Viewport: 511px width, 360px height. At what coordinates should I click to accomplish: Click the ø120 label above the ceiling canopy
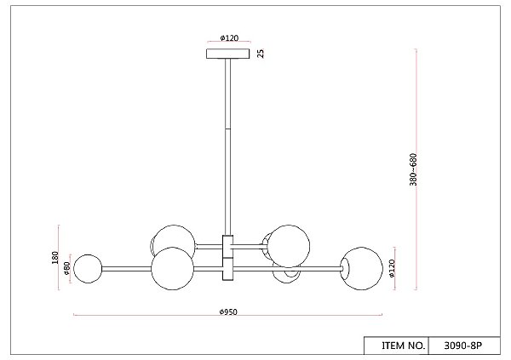tap(229, 37)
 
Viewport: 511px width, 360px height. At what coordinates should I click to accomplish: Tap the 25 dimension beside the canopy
tap(261, 54)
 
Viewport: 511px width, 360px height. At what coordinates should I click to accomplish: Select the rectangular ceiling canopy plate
tap(227, 54)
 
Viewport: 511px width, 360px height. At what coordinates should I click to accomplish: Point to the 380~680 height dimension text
tap(413, 169)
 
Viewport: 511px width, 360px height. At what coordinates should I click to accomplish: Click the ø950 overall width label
tap(228, 311)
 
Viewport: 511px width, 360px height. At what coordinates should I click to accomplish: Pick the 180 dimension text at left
tap(55, 257)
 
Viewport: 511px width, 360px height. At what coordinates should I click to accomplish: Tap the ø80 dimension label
tap(66, 268)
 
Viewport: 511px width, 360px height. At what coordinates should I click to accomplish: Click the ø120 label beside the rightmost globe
tap(392, 268)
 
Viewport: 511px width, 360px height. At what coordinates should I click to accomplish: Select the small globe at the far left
tap(88, 269)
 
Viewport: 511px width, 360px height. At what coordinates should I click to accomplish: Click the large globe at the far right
tap(362, 268)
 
